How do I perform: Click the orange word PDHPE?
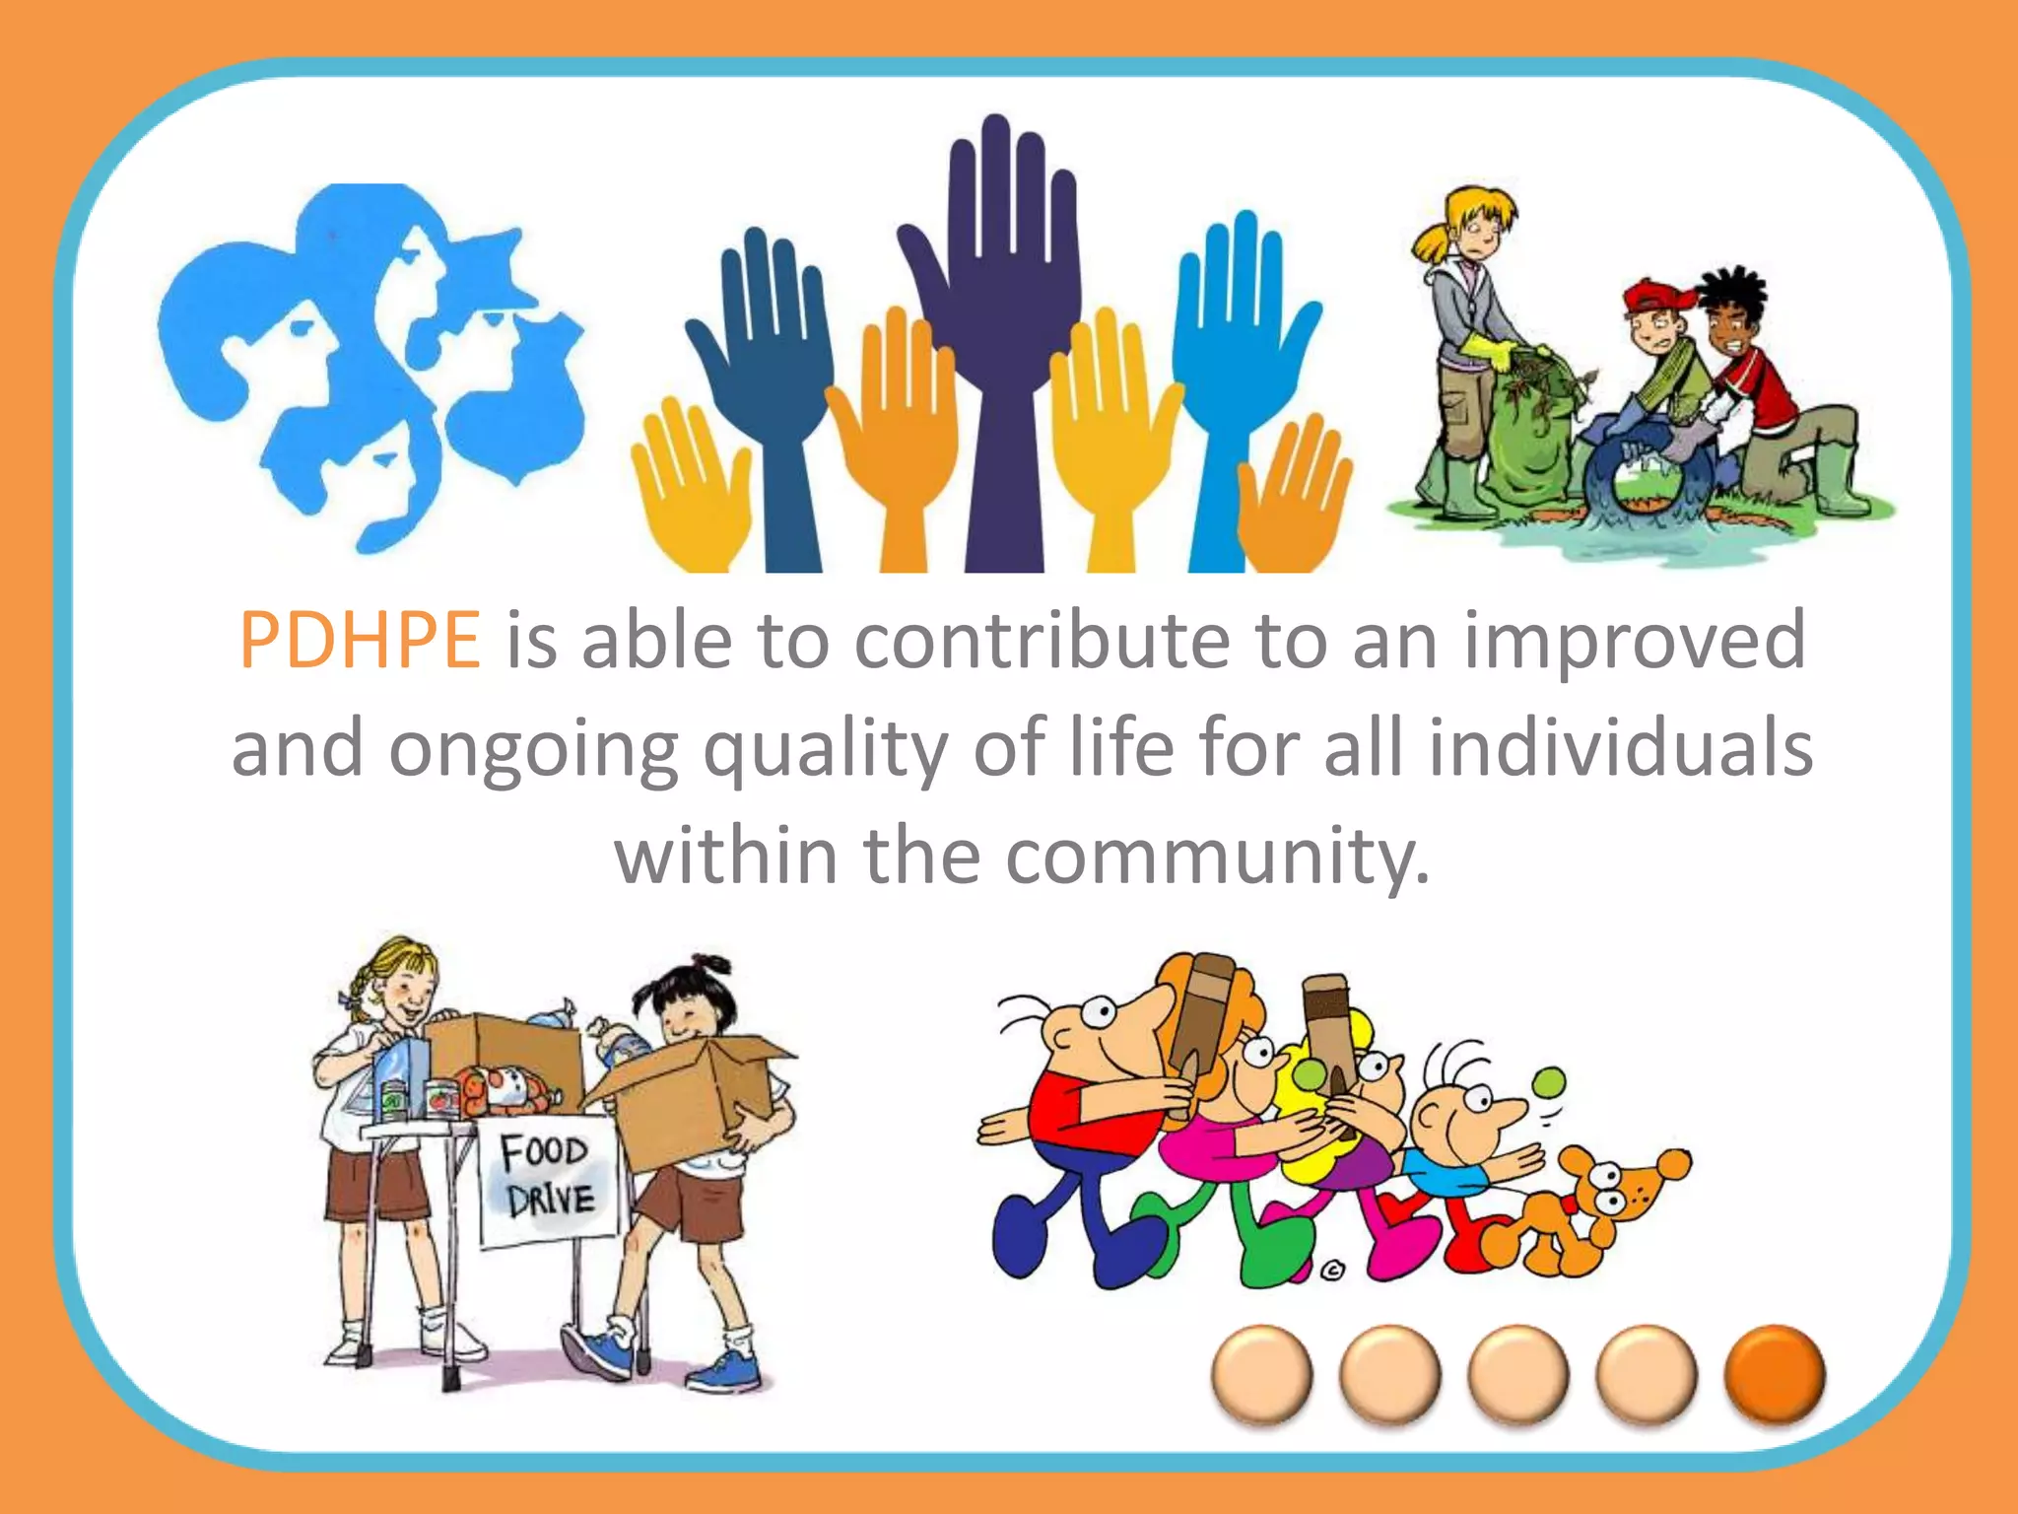[360, 641]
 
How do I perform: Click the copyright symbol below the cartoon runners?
[1332, 1272]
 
